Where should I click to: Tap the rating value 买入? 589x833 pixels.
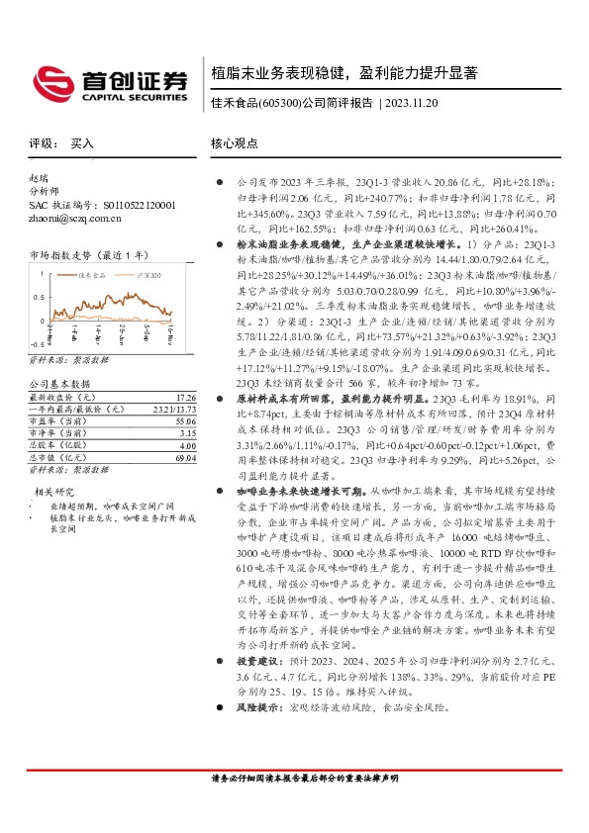(82, 143)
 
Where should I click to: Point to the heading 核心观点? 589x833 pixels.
(234, 143)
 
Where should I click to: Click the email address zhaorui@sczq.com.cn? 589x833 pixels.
(71, 218)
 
